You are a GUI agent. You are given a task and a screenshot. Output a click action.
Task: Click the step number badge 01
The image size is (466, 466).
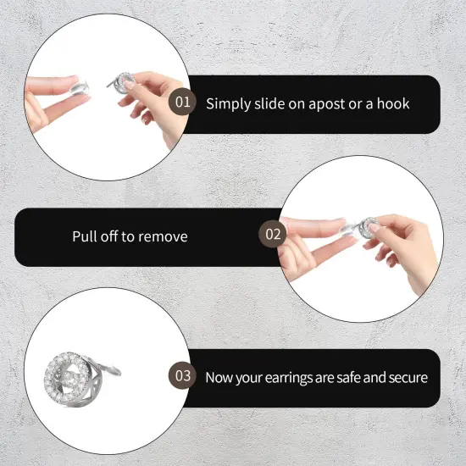click(182, 103)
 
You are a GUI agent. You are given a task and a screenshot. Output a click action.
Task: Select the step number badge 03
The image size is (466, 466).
click(182, 375)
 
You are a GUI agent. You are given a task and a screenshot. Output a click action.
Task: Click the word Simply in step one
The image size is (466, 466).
click(228, 104)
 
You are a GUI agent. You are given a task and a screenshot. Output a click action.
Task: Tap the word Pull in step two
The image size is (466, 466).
click(86, 236)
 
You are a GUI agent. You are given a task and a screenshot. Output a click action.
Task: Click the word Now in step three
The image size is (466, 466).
click(220, 376)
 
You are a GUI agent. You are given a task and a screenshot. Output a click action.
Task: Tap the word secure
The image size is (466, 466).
click(406, 376)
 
